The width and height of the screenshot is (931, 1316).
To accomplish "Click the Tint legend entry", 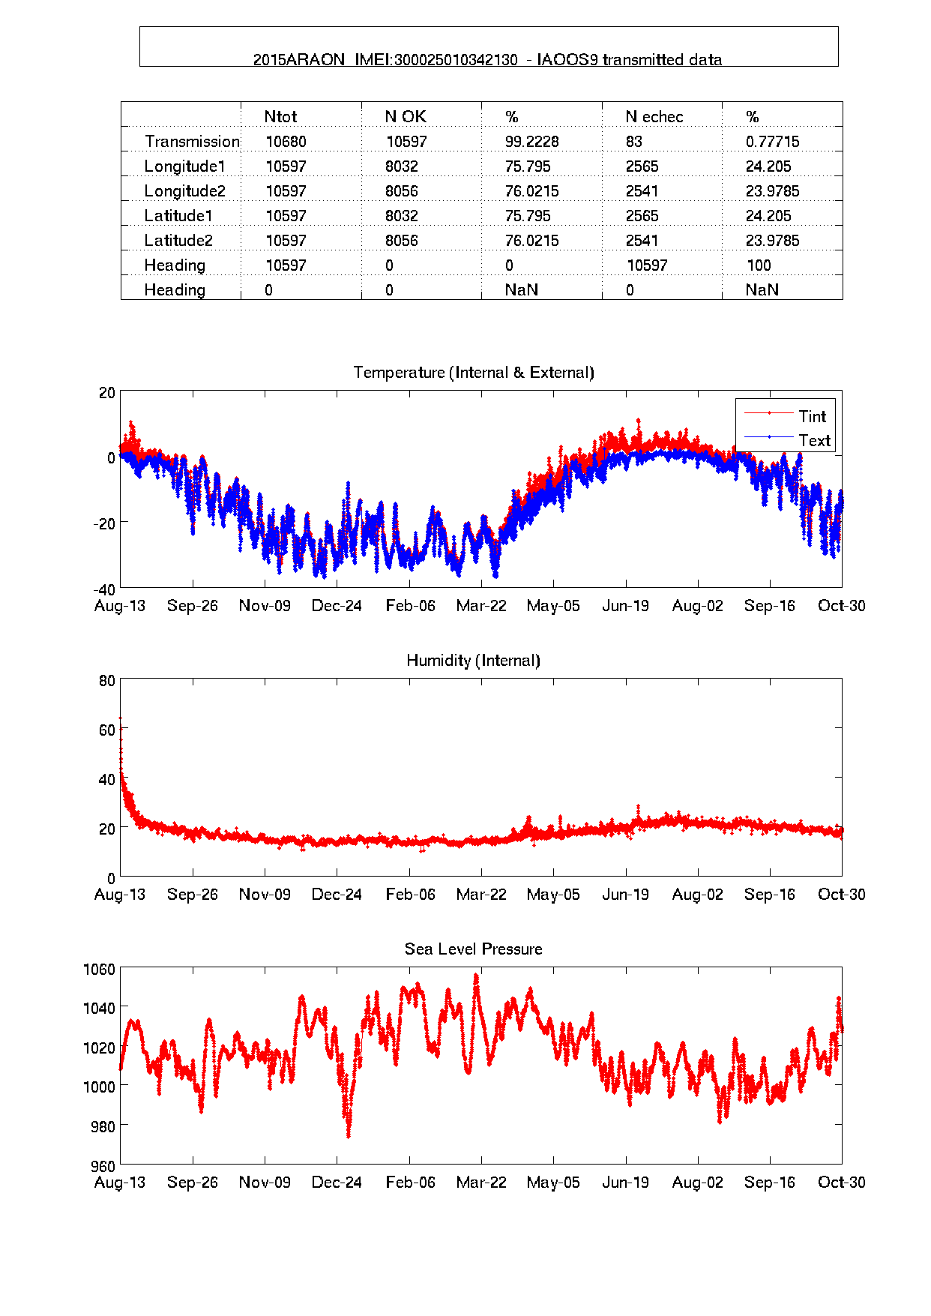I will coord(811,416).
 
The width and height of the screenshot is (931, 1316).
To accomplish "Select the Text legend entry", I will coord(814,440).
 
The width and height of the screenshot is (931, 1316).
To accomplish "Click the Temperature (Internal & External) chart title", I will coord(473,373).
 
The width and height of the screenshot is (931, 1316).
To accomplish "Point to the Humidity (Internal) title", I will coord(473,661).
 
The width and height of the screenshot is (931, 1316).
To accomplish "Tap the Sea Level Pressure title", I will coord(473,949).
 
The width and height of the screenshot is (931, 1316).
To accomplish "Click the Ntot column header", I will coord(280,117).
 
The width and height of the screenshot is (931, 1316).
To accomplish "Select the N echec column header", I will coord(654,117).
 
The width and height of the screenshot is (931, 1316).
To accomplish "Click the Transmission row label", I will coord(192,142).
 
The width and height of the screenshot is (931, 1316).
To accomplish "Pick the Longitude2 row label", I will coord(184,191).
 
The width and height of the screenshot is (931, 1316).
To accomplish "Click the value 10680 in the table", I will coord(286,142).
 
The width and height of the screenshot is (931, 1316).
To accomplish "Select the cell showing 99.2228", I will coord(531,142).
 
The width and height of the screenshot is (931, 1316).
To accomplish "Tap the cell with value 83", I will coord(634,142).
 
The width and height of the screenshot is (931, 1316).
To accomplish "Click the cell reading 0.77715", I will coord(772,142).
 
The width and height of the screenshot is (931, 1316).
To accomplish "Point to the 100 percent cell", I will coord(759,265).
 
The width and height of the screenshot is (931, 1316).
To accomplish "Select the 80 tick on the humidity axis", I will coord(107,681).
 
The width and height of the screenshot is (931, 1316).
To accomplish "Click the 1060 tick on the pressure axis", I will coord(100,970).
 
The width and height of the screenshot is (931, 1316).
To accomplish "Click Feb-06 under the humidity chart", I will coord(410,895).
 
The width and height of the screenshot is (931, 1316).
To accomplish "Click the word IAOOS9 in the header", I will coord(567,60).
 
